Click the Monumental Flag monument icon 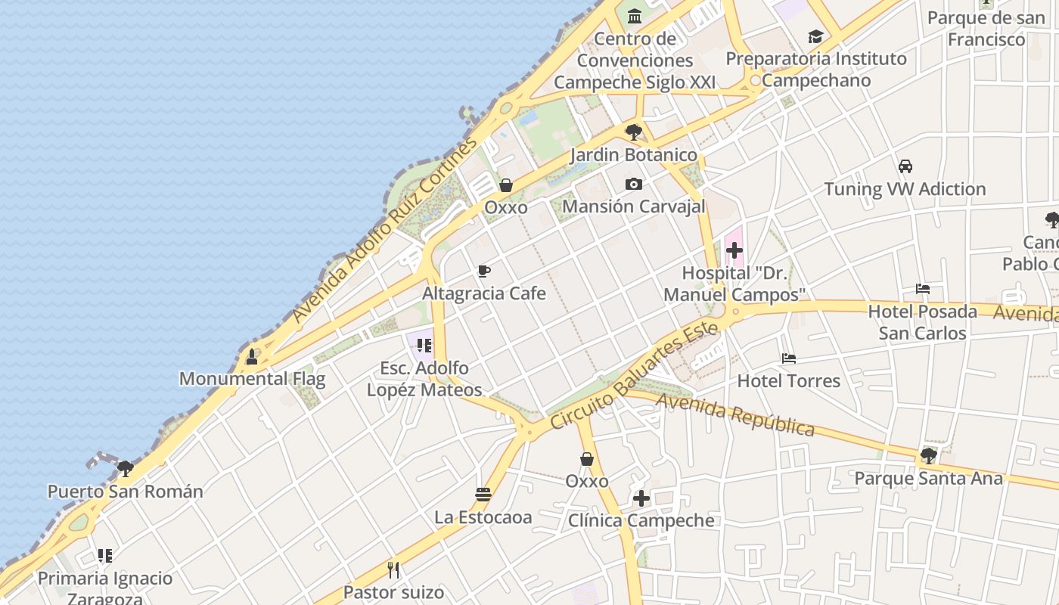pos(252,357)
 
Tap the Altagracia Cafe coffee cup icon pos(484,271)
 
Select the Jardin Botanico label pos(634,155)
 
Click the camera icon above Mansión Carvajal pos(634,184)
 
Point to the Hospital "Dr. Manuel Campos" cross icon pos(734,250)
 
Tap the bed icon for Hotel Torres pos(789,358)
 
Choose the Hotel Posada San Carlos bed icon pos(922,289)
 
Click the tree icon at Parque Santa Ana pos(928,456)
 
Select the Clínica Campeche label pos(641,520)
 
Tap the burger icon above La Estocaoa pos(483,495)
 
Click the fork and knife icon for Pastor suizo pos(393,569)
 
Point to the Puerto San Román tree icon pos(126,469)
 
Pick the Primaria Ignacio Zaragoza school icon pos(105,557)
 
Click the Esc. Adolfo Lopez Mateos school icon pos(424,346)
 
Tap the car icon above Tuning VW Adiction pos(905,166)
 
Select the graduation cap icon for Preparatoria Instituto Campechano pos(815,36)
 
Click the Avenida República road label pos(735,414)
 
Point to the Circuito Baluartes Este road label pos(634,375)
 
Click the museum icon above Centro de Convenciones pos(635,15)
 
